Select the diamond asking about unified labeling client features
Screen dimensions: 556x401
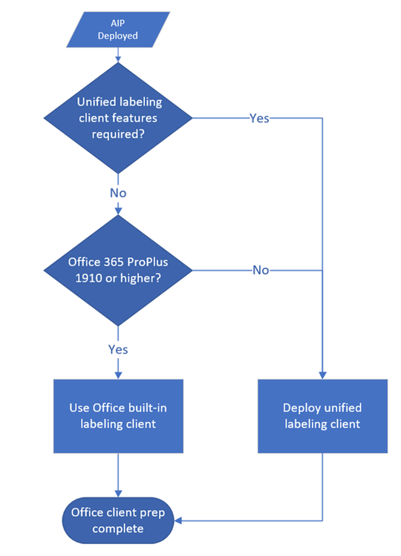[x=118, y=117]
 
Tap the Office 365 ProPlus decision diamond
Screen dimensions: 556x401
[x=118, y=270]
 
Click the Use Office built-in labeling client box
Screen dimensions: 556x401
[x=118, y=416]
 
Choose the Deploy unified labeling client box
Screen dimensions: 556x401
[x=322, y=416]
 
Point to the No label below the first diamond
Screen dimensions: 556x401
[x=118, y=193]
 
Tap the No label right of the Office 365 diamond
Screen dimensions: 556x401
[x=260, y=271]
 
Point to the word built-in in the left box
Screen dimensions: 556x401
[x=149, y=408]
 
